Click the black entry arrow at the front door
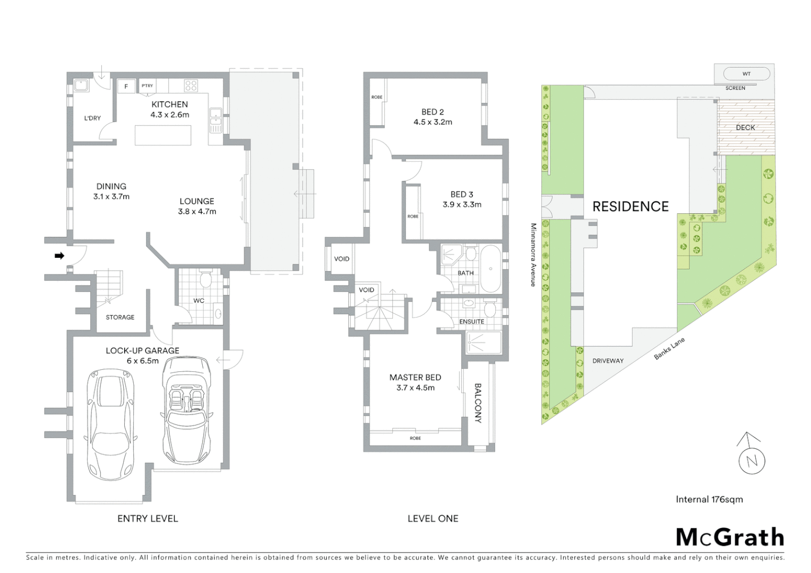pos(59,256)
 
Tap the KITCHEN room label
pos(169,105)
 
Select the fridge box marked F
pos(126,86)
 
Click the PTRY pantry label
pos(147,86)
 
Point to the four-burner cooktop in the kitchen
pos(191,85)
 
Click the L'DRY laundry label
pos(92,118)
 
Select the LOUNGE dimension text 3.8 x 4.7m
pos(197,211)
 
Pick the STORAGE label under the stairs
pos(120,317)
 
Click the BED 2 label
pos(433,112)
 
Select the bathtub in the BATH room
pos(490,268)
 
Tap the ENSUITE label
pos(471,322)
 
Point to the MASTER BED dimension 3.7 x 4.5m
pos(415,388)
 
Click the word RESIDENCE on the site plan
pos(630,206)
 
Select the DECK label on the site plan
pos(745,127)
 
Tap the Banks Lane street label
pos(669,349)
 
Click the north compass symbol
pos(752,456)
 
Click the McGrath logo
pos(730,537)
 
